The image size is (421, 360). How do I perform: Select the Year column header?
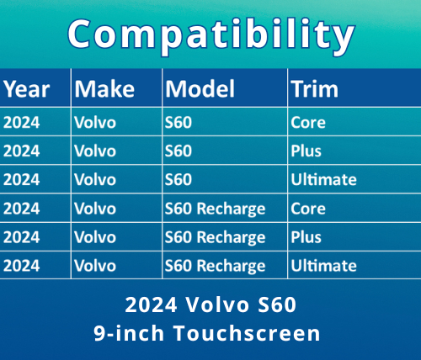point(26,88)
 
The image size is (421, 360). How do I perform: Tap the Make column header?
point(104,88)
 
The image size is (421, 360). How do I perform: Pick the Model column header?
point(200,88)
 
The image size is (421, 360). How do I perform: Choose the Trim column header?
point(314,88)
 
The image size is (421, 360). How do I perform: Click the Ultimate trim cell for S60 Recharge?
point(323,266)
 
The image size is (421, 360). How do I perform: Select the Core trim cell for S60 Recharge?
point(307,208)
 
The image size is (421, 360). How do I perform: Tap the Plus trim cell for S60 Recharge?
point(306,236)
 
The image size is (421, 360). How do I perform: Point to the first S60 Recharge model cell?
point(215,208)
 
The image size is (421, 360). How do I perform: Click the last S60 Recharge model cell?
point(215,266)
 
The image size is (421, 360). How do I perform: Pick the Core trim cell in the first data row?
point(307,122)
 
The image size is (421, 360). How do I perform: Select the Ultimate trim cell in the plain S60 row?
point(323,179)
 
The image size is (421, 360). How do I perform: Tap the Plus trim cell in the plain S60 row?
point(306,151)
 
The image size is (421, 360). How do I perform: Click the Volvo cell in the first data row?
point(95,122)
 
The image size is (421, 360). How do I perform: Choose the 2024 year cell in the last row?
point(22,266)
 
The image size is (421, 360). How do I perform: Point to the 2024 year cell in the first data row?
point(22,122)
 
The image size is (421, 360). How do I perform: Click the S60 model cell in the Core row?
point(179,122)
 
